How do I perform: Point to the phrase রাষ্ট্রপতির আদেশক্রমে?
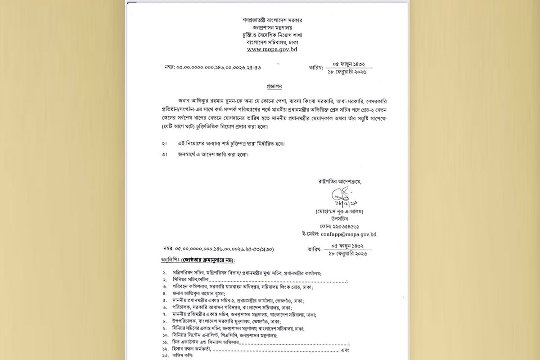point(339,182)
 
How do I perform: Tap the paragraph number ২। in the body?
point(164,144)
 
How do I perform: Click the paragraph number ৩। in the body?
point(164,155)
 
